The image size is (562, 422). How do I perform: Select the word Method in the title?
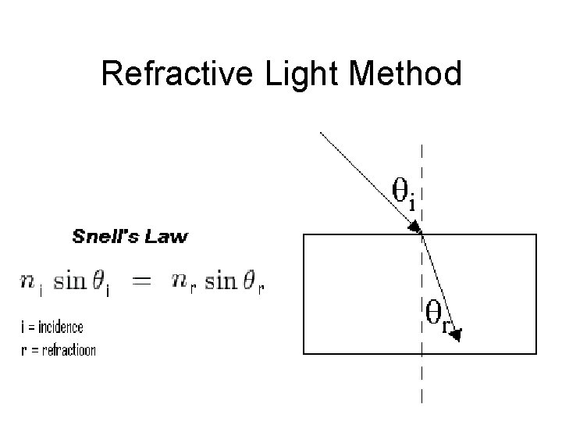[x=407, y=75]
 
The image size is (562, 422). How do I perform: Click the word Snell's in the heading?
[x=104, y=235]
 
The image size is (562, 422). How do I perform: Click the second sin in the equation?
[x=221, y=282]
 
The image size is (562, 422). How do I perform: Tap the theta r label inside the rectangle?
[x=437, y=316]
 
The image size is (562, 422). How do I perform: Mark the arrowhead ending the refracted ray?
[x=456, y=334]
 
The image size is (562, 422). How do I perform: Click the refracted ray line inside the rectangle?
[x=438, y=285]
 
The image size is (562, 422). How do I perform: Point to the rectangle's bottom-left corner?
[x=304, y=354]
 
